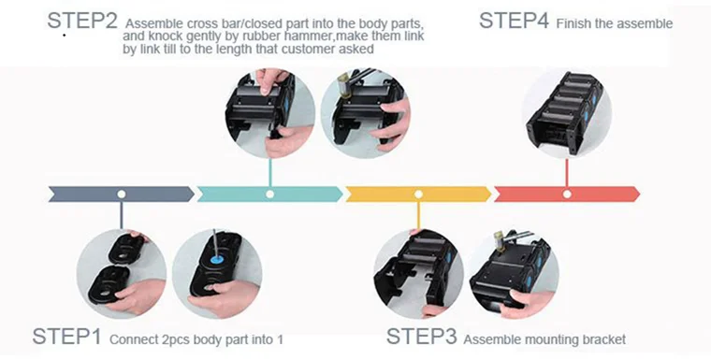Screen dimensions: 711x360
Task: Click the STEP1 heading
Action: (66, 337)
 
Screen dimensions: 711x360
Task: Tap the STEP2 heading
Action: (82, 21)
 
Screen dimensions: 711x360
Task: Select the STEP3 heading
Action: (421, 337)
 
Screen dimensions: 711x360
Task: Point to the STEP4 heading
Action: (514, 21)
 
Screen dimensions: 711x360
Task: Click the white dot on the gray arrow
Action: (121, 194)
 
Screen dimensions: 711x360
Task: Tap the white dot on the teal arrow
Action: (269, 194)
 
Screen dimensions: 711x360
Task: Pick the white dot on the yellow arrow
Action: (418, 194)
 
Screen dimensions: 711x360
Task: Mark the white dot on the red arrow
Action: (567, 194)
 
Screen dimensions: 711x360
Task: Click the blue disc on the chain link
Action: (216, 260)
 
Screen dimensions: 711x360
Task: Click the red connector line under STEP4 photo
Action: (567, 172)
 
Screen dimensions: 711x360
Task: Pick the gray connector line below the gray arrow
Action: (121, 215)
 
